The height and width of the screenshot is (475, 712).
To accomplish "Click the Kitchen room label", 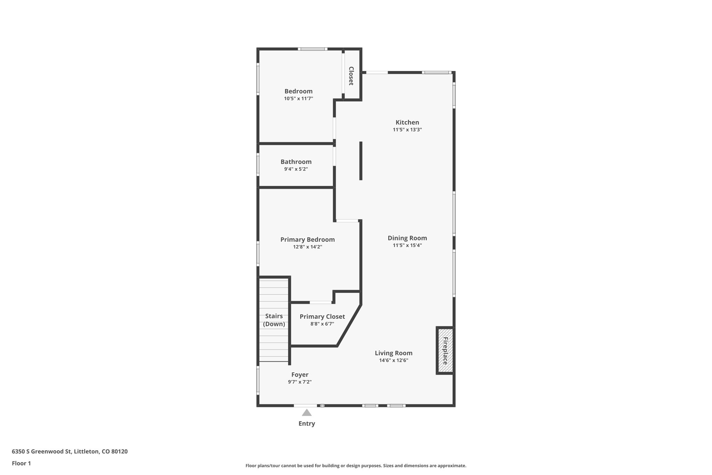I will [x=407, y=122].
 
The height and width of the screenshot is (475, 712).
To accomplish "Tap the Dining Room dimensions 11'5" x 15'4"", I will [x=407, y=245].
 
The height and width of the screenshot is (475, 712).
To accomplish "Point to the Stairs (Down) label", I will [x=274, y=320].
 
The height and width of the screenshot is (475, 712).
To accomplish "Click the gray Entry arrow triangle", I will [x=307, y=413].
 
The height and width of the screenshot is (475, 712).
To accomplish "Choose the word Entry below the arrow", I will [x=307, y=423].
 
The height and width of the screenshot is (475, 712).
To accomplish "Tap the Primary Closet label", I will [x=322, y=317].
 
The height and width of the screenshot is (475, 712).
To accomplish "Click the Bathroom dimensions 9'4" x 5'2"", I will [x=296, y=169].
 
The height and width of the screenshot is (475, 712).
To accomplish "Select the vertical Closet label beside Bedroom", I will [x=351, y=76].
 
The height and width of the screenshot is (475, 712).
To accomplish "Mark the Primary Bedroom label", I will [x=307, y=239].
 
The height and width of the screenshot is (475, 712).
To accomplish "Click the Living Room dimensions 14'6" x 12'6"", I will [x=394, y=361].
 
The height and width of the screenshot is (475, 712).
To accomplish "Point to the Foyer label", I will [x=300, y=375].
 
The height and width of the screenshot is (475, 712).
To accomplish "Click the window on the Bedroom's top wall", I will [x=312, y=49].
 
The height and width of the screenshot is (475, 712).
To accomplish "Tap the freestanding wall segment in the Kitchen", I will [x=361, y=161].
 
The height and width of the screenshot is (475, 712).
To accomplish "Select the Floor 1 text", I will [x=21, y=463].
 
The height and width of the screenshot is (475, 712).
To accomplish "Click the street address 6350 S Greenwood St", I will [x=70, y=451].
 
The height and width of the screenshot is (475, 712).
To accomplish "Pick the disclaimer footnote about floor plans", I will [x=356, y=466].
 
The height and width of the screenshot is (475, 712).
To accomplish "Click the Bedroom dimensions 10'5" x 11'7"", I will [x=298, y=99].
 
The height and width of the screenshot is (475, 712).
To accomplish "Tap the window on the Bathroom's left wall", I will [x=258, y=164].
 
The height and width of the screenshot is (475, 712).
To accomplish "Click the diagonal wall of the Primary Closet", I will [x=349, y=325].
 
